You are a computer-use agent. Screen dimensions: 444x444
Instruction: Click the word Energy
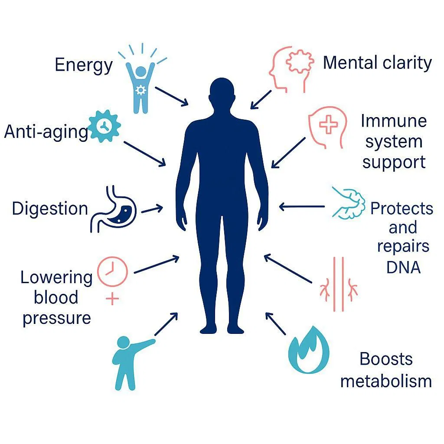(84, 65)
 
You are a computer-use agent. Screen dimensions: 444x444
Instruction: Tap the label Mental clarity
(377, 63)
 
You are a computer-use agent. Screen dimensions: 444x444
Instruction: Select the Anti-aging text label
(46, 132)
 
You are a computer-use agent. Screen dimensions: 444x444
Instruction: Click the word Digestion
(50, 209)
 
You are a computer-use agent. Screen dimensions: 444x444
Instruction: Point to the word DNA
(404, 267)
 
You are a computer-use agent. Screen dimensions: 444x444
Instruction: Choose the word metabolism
(386, 381)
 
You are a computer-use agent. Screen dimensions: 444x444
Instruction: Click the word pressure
(57, 319)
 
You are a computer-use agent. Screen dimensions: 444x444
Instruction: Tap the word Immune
(394, 121)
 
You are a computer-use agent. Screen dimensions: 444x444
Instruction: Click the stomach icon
(113, 209)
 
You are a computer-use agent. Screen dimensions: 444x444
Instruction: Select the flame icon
(309, 350)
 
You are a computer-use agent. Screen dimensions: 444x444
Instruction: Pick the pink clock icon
(112, 271)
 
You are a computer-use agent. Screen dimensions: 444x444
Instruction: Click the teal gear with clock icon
(104, 126)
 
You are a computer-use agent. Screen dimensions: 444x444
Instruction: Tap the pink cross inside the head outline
(329, 124)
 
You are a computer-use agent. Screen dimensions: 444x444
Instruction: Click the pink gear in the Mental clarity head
(300, 61)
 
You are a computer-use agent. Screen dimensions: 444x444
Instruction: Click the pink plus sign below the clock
(112, 299)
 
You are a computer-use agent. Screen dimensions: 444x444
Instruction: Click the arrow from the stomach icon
(152, 209)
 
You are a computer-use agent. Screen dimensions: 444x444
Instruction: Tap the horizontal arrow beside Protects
(302, 207)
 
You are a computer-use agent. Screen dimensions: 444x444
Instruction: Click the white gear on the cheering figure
(140, 90)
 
